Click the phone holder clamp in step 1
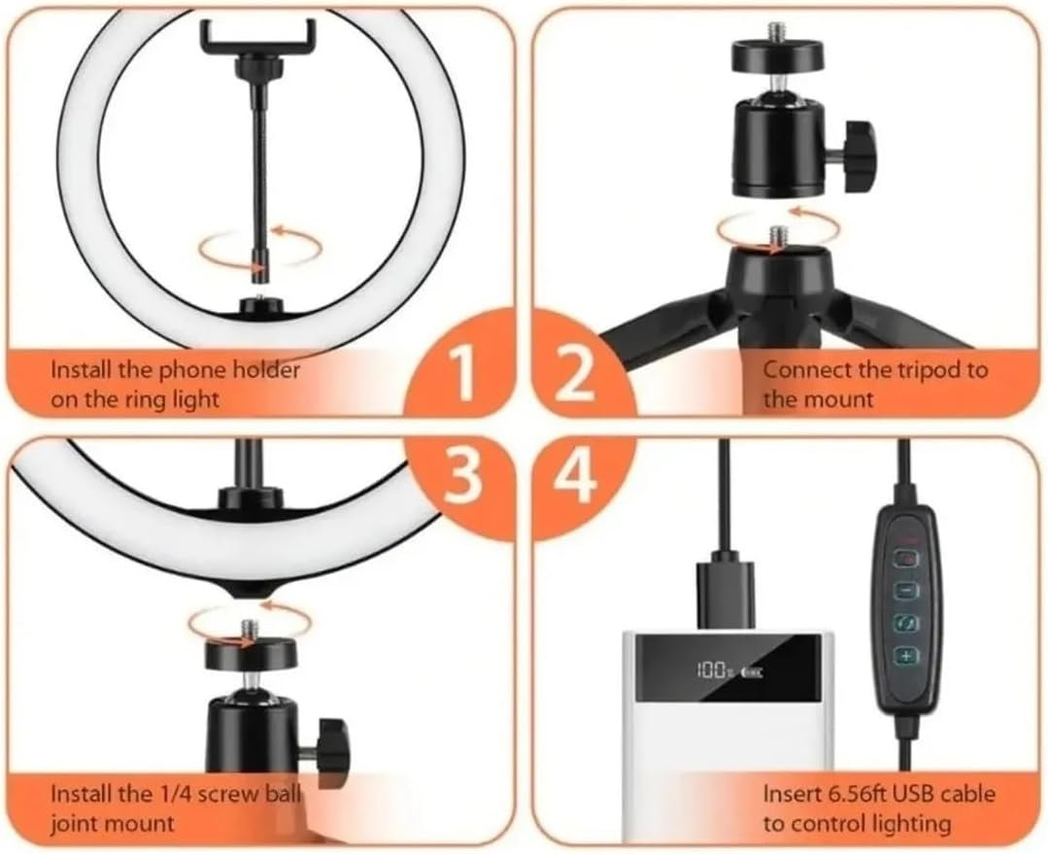pos(256,37)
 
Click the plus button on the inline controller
pos(906,656)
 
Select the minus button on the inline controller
pos(907,591)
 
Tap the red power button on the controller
pos(907,558)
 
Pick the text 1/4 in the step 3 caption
pos(172,795)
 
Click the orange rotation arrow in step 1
pos(260,248)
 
